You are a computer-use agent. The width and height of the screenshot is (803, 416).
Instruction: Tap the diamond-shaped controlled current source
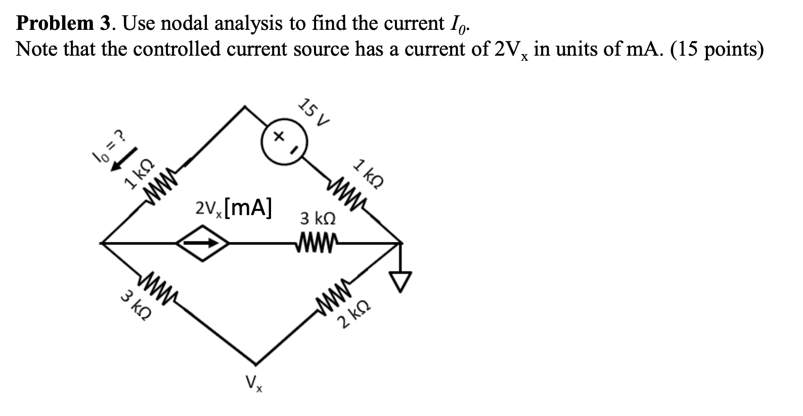click(x=203, y=243)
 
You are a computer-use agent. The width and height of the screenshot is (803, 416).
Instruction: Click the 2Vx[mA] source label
click(x=233, y=207)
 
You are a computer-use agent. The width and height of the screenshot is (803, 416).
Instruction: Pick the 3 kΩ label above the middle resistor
click(x=318, y=219)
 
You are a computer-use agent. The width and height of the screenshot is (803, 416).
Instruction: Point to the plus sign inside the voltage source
click(x=277, y=136)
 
